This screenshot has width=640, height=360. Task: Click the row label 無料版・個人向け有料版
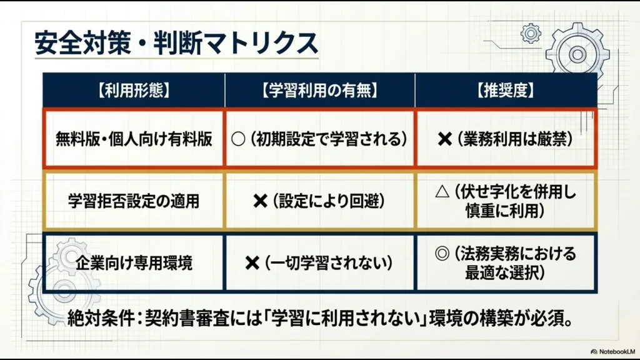click(134, 139)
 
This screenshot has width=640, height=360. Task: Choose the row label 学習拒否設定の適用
click(134, 201)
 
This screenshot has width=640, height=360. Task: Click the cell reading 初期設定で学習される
click(328, 139)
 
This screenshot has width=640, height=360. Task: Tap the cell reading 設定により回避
click(327, 201)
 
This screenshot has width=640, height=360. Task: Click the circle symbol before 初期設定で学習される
click(238, 139)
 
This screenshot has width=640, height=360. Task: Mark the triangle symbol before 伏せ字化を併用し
click(441, 192)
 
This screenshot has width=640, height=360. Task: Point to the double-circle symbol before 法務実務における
click(442, 254)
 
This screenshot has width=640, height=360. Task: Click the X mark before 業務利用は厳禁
click(444, 139)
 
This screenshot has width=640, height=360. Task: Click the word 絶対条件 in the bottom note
click(98, 319)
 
